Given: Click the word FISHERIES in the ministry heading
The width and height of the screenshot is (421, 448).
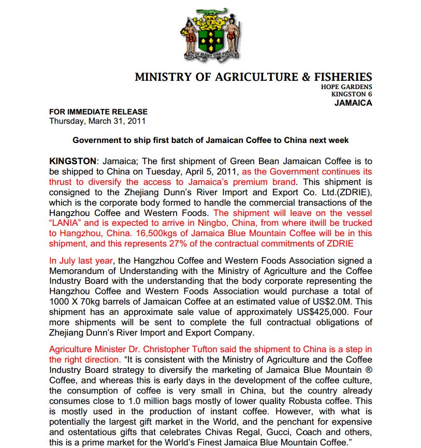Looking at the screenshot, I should click(x=344, y=77).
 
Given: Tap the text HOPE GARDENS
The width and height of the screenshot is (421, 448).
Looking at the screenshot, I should click(x=346, y=87).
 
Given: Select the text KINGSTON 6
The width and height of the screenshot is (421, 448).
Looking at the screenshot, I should click(x=351, y=94).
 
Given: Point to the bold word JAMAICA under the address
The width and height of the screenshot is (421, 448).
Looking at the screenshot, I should click(x=353, y=103).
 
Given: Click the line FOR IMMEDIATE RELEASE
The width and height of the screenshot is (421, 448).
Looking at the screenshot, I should click(x=98, y=112).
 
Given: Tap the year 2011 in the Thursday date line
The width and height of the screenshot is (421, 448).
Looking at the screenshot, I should click(x=136, y=121).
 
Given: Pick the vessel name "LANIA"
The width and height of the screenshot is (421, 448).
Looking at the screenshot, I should click(x=65, y=224).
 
